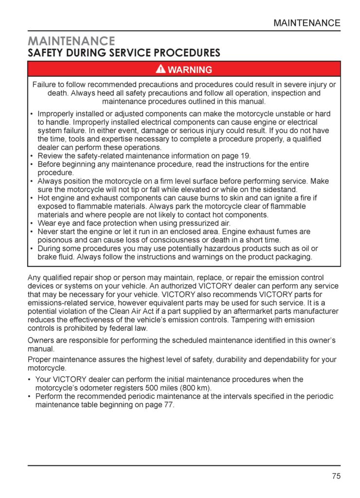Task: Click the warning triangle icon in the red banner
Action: pos(161,69)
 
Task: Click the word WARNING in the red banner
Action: pos(190,70)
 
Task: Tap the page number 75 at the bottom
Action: pos(336,476)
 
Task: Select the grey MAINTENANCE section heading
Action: pos(71,41)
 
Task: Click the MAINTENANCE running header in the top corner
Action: pos(306,23)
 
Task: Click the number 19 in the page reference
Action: pos(245,156)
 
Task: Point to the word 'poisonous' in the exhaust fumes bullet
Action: pos(54,240)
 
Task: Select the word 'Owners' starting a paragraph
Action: pos(41,340)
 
